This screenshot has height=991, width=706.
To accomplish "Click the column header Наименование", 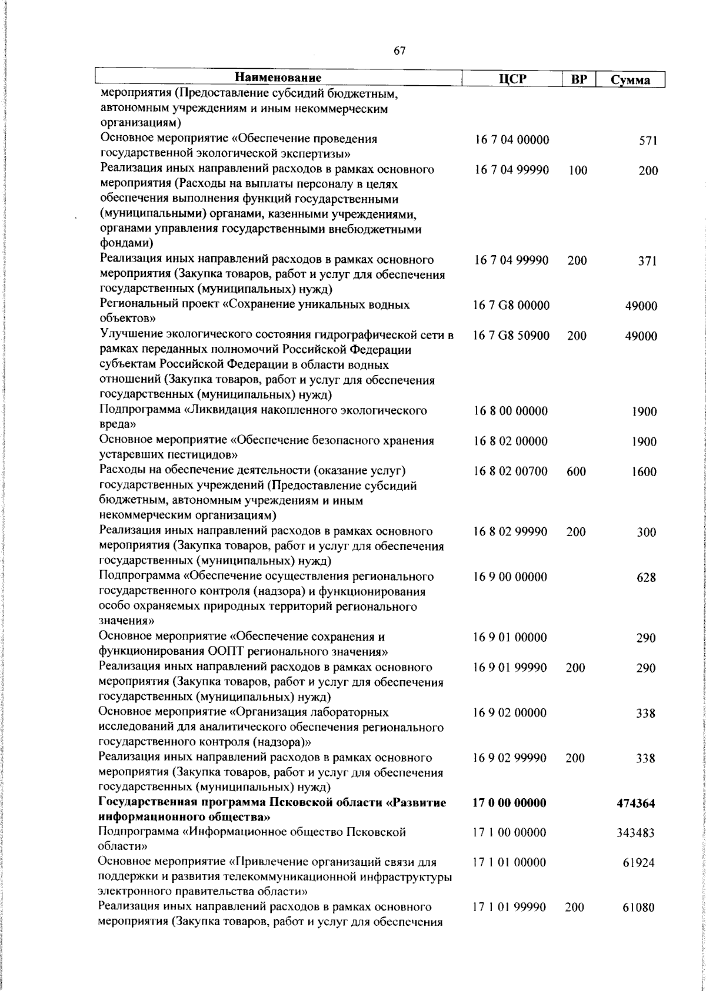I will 278,78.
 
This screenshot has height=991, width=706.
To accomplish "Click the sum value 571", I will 648,141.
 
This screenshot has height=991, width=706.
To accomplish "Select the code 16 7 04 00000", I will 512,140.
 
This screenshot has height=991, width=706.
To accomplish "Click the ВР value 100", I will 578,171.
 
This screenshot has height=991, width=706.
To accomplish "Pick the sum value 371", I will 647,262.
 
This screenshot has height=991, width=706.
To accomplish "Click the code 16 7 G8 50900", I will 511,336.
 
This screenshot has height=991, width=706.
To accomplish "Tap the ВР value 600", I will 577,471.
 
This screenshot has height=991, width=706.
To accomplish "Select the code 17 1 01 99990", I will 509,924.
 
